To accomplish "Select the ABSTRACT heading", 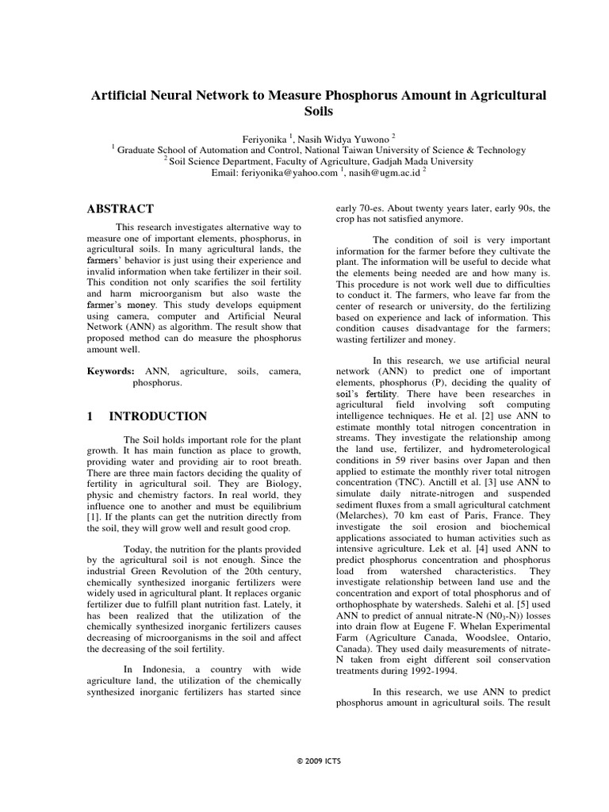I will pos(120,209).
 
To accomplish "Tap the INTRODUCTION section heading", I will pos(158,416).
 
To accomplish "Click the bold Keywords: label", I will pos(110,370).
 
